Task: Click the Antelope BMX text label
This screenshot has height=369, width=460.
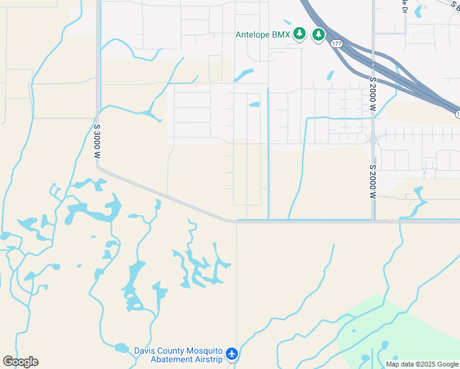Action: pyautogui.click(x=263, y=34)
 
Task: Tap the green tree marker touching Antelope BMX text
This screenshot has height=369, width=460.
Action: pyautogui.click(x=299, y=33)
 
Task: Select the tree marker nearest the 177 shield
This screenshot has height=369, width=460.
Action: pyautogui.click(x=319, y=34)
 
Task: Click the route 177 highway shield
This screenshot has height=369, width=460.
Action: pyautogui.click(x=336, y=44)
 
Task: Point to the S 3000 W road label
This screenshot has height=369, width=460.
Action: pyautogui.click(x=97, y=141)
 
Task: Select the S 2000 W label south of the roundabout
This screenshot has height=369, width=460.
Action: pyautogui.click(x=373, y=181)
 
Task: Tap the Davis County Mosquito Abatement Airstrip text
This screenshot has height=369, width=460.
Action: pyautogui.click(x=178, y=355)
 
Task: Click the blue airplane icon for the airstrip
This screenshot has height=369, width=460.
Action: pyautogui.click(x=231, y=354)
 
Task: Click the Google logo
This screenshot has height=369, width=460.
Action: pyautogui.click(x=20, y=362)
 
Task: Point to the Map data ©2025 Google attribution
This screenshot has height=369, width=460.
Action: pyautogui.click(x=422, y=364)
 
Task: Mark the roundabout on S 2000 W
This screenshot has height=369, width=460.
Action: pyautogui.click(x=373, y=139)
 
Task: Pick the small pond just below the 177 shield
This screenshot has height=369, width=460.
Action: pyautogui.click(x=330, y=76)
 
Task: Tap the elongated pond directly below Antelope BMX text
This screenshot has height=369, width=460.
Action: pyautogui.click(x=244, y=75)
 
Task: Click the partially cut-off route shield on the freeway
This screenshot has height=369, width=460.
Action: pyautogui.click(x=458, y=114)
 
